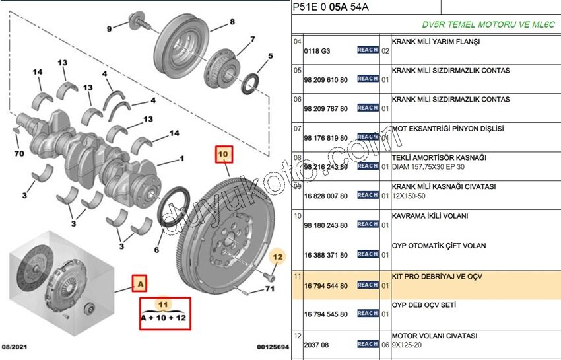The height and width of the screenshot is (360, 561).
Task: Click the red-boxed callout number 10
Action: pos(222,155)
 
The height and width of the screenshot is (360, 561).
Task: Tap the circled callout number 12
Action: pos(278,256)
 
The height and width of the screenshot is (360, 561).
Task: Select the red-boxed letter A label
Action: pos(139,284)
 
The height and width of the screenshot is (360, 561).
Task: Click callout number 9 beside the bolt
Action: pos(110,28)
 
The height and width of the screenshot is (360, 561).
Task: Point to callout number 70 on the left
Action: pos(19,153)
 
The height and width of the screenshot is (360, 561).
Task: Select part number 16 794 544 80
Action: pos(325,285)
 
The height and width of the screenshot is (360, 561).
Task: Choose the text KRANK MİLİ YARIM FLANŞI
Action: pos(436,41)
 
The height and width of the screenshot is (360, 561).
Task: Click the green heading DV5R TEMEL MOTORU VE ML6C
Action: pos(488,24)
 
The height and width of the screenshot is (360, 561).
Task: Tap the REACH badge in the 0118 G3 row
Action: pos(368,50)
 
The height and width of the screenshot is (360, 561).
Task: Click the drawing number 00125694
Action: pos(273,347)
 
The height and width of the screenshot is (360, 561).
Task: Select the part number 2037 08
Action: pos(316,344)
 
